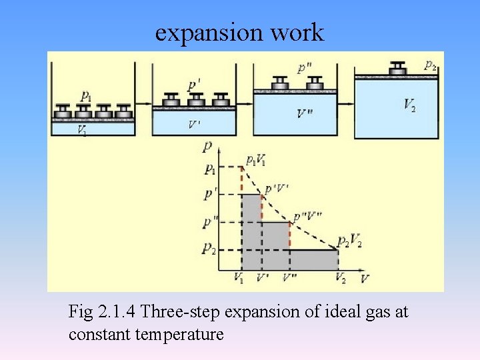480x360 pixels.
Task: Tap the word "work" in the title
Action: [x=302, y=32]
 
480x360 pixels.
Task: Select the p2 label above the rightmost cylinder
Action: [x=431, y=65]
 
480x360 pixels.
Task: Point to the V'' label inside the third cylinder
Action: [x=304, y=113]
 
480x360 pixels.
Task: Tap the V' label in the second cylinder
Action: [x=194, y=124]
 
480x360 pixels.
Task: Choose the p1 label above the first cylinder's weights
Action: [x=87, y=95]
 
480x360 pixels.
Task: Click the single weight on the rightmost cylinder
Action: [x=398, y=68]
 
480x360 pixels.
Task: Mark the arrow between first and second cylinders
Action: [x=143, y=105]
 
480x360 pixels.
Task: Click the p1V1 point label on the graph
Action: [x=256, y=160]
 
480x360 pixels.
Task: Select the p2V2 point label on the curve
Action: [x=349, y=241]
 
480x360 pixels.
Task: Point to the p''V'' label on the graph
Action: [x=307, y=215]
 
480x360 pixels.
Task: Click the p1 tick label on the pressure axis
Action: [x=209, y=168]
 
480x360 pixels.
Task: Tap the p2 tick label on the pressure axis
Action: [x=209, y=249]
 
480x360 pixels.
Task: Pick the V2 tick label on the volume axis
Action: [x=340, y=277]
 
